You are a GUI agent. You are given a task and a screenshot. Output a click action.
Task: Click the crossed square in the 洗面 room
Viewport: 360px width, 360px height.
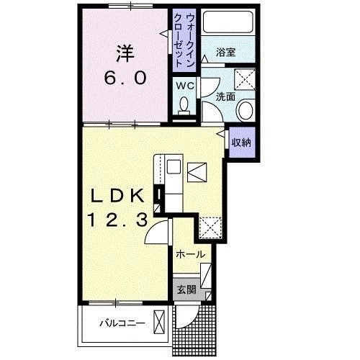tap(246, 78)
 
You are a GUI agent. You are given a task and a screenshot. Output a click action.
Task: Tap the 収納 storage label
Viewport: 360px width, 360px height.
tap(240, 142)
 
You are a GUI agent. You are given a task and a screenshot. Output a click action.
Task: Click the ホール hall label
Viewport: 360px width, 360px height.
tap(190, 254)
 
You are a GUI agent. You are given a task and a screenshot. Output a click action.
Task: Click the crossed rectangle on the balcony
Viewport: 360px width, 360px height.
tap(162, 321)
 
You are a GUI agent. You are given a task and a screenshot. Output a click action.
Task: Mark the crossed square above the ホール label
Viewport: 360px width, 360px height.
tap(211, 228)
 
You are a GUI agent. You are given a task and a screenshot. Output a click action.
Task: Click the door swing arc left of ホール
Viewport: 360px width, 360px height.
tap(158, 232)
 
